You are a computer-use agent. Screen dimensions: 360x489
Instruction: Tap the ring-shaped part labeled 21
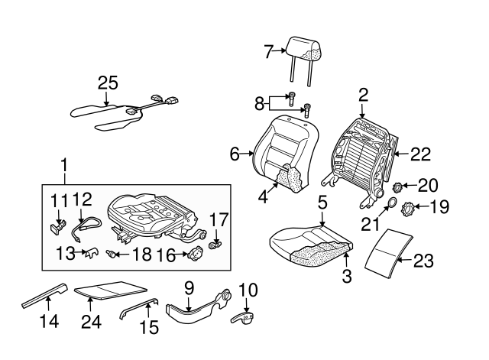pyautogui.click(x=390, y=203)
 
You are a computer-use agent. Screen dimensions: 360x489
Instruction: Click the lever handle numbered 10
pyautogui.click(x=246, y=318)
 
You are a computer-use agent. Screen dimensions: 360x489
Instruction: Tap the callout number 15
pyautogui.click(x=149, y=328)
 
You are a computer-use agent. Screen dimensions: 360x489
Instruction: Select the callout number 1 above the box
pyautogui.click(x=64, y=164)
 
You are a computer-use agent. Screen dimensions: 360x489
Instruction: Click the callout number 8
pyautogui.click(x=258, y=102)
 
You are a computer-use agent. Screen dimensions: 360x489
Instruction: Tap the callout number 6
pyautogui.click(x=235, y=154)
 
